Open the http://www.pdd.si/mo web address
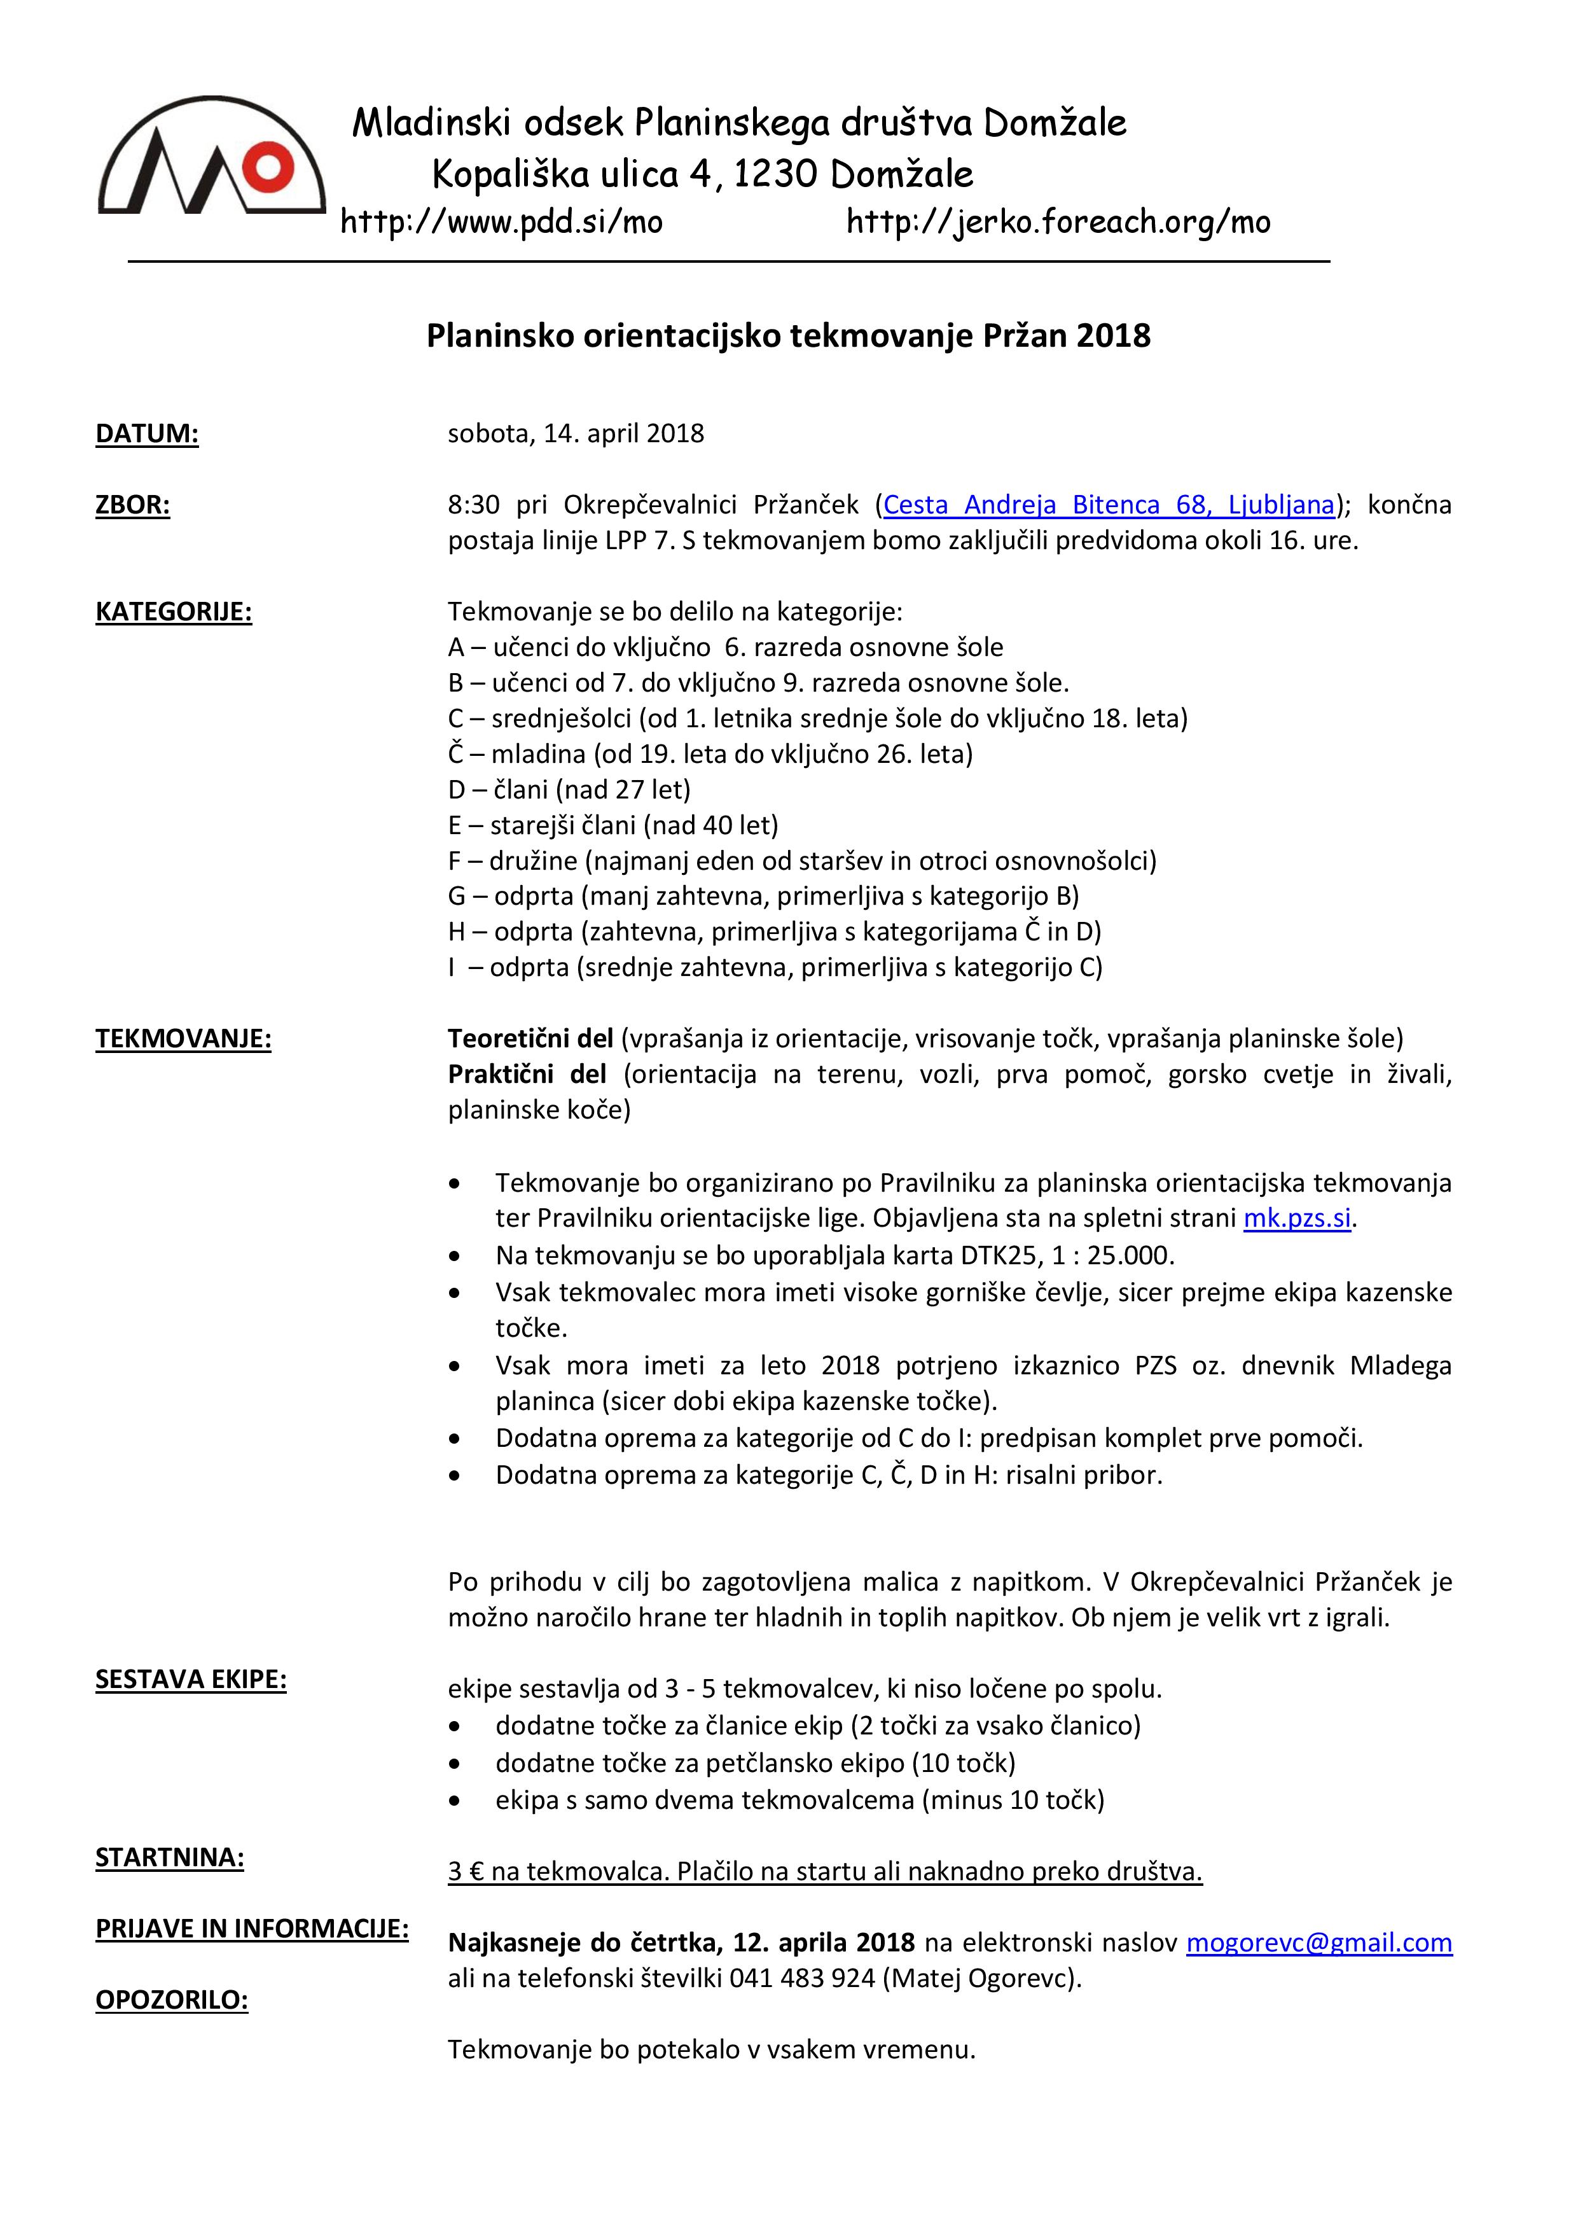coord(501,223)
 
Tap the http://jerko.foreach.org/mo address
coord(1058,223)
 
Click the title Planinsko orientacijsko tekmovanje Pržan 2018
coord(788,337)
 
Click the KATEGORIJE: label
coord(173,613)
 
